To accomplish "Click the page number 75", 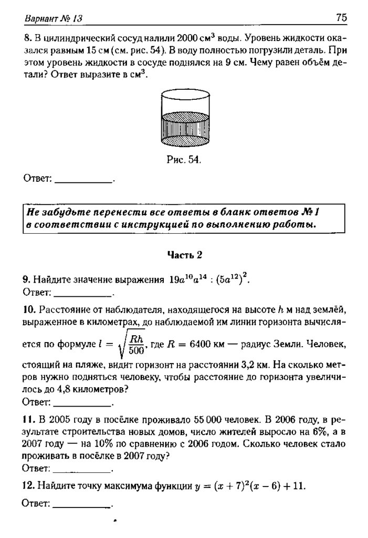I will (341, 18).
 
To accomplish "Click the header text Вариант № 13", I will (53, 19).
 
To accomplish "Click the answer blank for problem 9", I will (83, 292).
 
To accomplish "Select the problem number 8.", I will (26, 39).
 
